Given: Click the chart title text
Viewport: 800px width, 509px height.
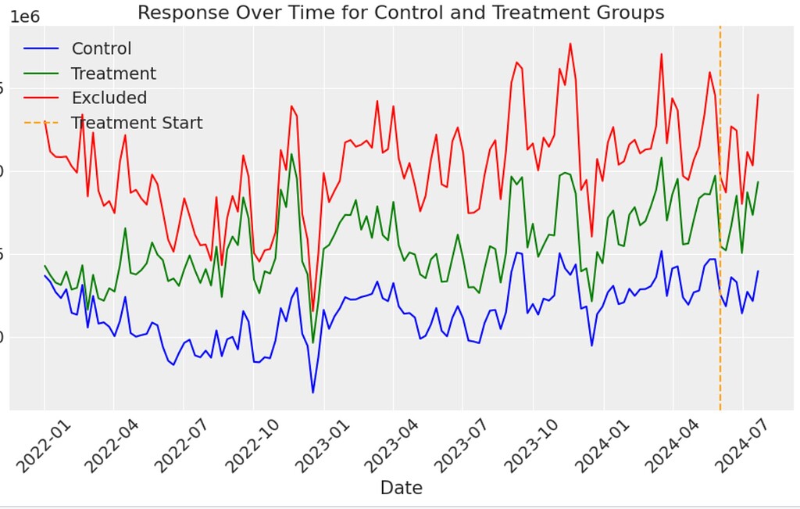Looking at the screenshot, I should (400, 13).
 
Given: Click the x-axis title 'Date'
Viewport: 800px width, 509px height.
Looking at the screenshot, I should (401, 488).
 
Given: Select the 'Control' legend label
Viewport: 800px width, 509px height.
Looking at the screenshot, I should (102, 48).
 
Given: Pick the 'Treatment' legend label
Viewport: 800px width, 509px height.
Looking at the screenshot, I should (113, 73).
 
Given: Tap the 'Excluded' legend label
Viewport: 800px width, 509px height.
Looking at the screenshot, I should (109, 98).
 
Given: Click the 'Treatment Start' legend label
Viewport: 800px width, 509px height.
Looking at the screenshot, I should (137, 123).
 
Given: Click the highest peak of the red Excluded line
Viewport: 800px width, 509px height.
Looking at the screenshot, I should (570, 44).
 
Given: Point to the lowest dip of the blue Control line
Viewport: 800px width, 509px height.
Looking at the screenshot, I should (312, 393).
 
